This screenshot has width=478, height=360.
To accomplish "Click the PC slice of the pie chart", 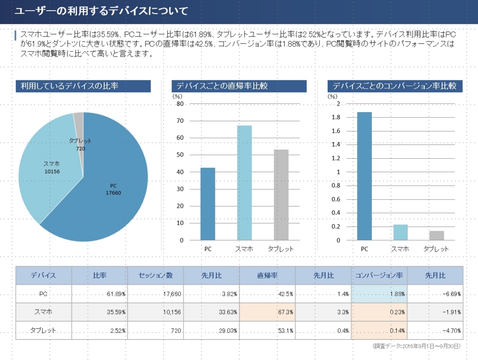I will click(x=112, y=196).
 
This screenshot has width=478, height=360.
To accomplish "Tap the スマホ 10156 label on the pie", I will click(x=51, y=168).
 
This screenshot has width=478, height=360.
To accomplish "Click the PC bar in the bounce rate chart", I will click(x=208, y=204).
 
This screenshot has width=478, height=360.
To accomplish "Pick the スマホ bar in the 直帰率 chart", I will click(x=244, y=183).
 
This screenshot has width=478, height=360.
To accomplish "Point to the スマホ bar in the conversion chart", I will click(x=400, y=232).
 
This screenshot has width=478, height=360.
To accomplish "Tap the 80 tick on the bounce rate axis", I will click(x=180, y=104).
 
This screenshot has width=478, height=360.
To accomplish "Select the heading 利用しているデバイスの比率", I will click(x=83, y=86).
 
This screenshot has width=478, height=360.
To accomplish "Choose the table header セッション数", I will click(x=155, y=275).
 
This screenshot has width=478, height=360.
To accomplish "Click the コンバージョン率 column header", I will click(x=379, y=275).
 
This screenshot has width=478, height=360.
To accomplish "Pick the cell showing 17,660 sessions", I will click(x=155, y=294).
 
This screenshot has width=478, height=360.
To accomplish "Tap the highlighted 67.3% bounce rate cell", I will click(x=267, y=312).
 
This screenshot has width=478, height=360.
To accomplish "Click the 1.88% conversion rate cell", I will click(x=379, y=294).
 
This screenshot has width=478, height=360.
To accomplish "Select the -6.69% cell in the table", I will click(x=435, y=294).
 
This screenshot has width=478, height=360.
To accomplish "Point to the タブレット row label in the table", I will click(x=43, y=330).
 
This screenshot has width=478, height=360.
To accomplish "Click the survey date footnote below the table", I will click(x=417, y=346).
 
